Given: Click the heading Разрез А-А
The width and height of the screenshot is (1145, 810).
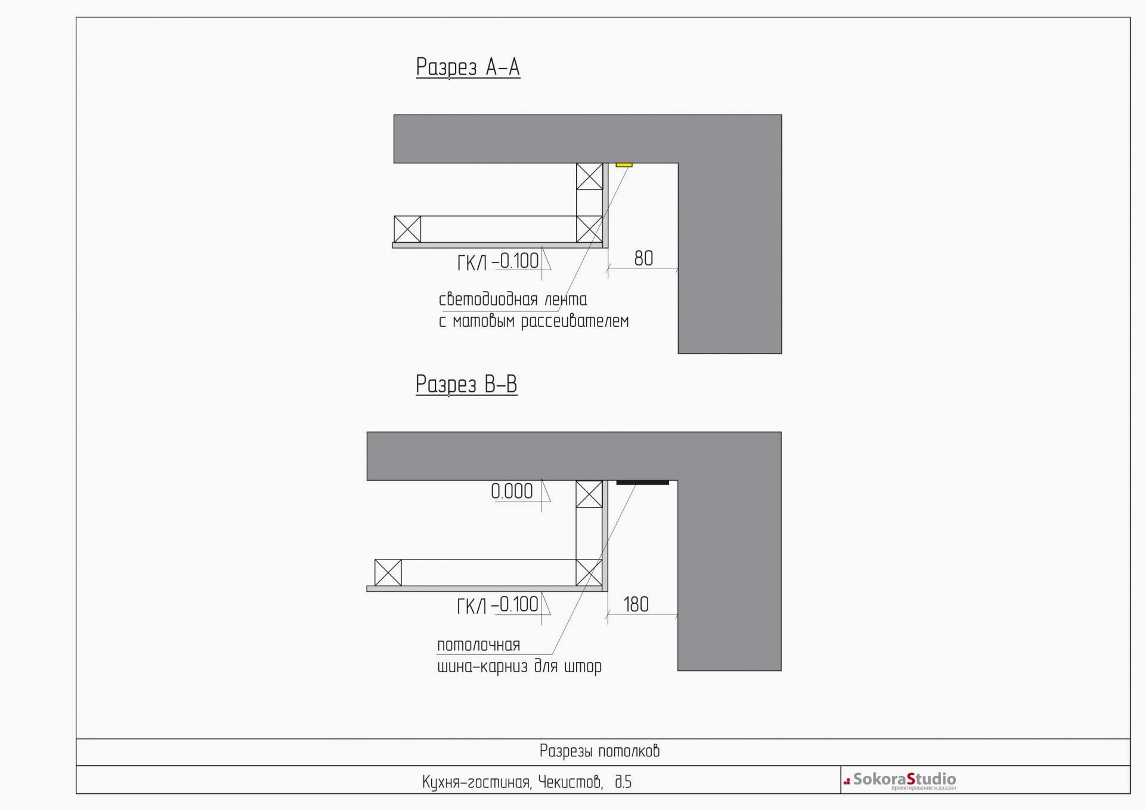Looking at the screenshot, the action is pyautogui.click(x=468, y=67).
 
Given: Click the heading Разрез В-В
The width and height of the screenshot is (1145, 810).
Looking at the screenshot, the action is pyautogui.click(x=466, y=385).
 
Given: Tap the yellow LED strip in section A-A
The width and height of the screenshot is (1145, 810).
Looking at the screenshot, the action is pyautogui.click(x=624, y=165).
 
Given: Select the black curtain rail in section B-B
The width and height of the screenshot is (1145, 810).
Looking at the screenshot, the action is pyautogui.click(x=642, y=482).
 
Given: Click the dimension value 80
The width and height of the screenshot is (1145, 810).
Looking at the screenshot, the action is pyautogui.click(x=643, y=258).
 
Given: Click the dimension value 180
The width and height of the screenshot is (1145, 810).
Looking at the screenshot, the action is pyautogui.click(x=636, y=604).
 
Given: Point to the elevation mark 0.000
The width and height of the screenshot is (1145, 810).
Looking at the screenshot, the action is pyautogui.click(x=512, y=491).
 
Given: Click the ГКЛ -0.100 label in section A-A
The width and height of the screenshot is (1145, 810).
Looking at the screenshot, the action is pyautogui.click(x=498, y=262).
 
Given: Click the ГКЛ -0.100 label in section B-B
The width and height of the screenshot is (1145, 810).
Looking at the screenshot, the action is pyautogui.click(x=497, y=605).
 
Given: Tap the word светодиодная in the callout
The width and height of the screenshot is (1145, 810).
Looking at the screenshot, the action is pyautogui.click(x=488, y=299).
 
